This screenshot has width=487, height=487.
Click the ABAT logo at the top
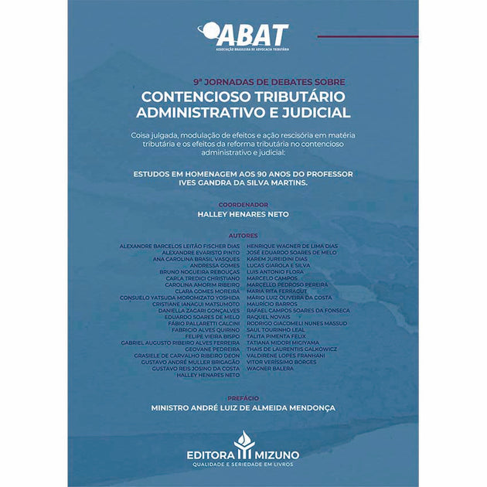[243, 36]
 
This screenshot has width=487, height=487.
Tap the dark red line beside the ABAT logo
[367, 36]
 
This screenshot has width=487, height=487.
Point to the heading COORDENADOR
[243, 204]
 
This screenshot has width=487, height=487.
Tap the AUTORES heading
[243, 235]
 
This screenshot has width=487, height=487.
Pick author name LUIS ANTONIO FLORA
[274, 271]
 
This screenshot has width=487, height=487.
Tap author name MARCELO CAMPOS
[271, 278]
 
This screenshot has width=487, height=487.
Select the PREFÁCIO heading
[243, 397]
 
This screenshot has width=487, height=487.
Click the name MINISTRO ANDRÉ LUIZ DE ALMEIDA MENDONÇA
[243, 407]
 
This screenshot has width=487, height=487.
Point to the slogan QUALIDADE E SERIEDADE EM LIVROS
[243, 465]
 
